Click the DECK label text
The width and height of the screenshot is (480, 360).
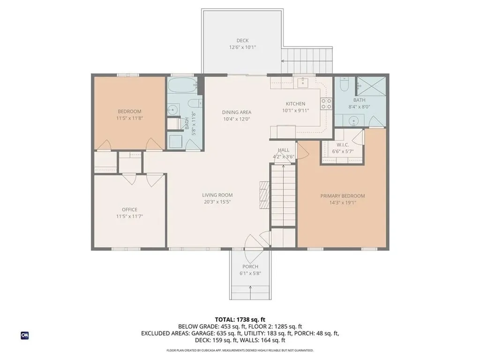click(242, 40)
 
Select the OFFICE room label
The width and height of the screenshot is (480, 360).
click(129, 210)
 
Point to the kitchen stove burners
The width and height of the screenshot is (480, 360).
click(326, 104)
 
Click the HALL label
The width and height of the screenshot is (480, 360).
click(283, 150)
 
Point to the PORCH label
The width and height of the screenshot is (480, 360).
click(250, 266)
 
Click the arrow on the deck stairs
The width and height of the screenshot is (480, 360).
click(284, 61)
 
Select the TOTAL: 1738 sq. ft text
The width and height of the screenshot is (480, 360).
click(240, 319)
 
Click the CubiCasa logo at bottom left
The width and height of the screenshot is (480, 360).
click(25, 335)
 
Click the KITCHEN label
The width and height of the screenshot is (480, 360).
click(296, 104)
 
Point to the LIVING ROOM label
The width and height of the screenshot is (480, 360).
click(217, 195)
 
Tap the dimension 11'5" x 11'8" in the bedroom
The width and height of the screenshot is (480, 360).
click(129, 119)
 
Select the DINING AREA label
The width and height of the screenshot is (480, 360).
click(237, 112)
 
